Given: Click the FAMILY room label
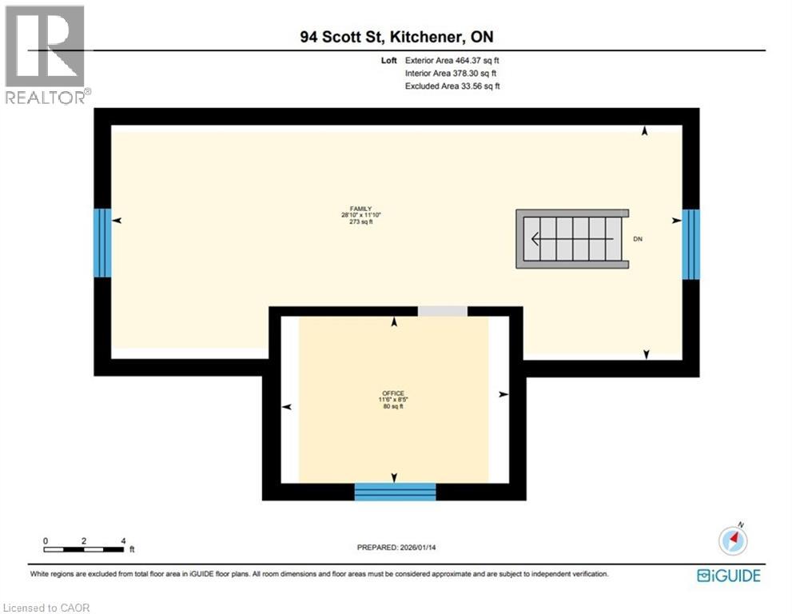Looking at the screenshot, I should click(356, 208).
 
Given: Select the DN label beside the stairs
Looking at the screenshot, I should click(638, 239).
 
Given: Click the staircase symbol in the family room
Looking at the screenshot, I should click(571, 239).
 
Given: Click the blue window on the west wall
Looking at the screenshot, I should click(102, 243).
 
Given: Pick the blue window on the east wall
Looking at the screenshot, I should click(691, 244).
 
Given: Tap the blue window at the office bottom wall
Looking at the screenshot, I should click(395, 492).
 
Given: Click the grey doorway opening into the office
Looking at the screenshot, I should click(442, 311).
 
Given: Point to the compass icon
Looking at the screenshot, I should click(733, 540).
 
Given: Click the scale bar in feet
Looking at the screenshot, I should click(84, 548).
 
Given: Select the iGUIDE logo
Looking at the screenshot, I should click(728, 576).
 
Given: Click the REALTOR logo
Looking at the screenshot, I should click(46, 56).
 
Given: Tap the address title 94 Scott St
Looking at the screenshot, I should click(402, 38).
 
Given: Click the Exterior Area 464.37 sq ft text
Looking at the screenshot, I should click(452, 60).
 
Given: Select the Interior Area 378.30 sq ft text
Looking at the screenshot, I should click(452, 73).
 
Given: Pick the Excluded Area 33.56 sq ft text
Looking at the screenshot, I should click(452, 86).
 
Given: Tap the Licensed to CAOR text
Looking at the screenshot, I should click(47, 608).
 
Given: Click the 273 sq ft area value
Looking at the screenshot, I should click(356, 222).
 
